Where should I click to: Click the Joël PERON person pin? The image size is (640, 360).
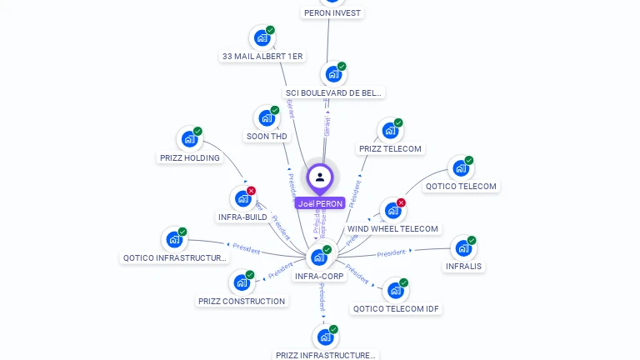320,177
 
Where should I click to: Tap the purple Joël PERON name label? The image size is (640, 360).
320,203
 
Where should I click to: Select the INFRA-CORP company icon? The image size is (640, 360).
318,257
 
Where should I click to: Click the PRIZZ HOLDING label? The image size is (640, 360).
189,157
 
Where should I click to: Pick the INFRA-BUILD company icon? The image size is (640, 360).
242,198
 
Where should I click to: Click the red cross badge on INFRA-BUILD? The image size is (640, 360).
251,191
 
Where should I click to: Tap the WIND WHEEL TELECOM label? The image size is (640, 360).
392,228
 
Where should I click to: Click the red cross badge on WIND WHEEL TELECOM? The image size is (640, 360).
401,202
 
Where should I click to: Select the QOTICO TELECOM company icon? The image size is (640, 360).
461,168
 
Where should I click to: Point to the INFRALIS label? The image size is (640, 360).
464,267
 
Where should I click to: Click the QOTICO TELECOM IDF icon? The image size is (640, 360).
395,290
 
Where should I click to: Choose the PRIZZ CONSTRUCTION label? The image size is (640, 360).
242,301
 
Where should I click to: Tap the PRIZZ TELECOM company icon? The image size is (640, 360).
390,131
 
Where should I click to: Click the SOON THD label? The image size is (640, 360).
267,136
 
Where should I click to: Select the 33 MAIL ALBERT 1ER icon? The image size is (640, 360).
262,37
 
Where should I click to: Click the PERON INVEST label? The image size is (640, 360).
332,12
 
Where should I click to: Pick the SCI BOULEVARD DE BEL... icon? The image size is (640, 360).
333,74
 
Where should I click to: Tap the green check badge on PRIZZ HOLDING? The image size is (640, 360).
197,131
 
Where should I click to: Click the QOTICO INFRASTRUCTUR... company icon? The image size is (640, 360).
174,239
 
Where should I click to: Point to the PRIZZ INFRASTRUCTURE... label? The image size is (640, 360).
326,355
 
